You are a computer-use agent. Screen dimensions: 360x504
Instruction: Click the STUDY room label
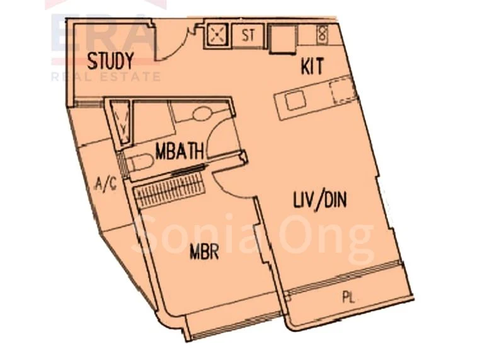tap(110, 62)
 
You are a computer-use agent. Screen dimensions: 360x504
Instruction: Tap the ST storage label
tap(248, 35)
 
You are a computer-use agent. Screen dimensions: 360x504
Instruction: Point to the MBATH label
tap(179, 151)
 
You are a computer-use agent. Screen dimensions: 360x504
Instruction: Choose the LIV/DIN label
tap(321, 200)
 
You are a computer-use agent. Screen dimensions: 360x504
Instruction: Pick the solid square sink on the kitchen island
tap(294, 100)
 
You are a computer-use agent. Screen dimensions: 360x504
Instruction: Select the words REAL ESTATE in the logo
tap(105, 77)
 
